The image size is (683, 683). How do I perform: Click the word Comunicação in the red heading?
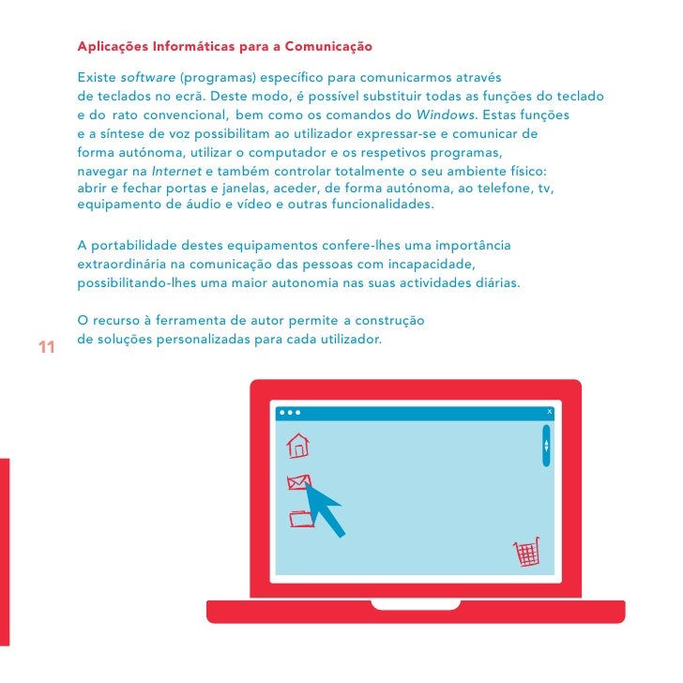pos(328,47)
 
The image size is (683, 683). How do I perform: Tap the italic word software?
pos(147,78)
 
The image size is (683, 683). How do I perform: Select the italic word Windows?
pos(445,115)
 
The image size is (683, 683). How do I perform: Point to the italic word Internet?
pos(176,171)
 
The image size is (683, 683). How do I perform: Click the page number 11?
pos(47,347)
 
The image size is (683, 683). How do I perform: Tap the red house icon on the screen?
pos(298,446)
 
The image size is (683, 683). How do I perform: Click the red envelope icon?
pos(298,482)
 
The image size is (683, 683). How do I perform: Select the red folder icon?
pos(301,518)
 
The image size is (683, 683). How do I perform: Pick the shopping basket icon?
pos(526,552)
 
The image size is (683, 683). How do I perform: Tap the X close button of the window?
pos(549,411)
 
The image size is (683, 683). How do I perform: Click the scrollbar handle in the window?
pos(546,446)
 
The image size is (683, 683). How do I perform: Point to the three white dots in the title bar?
pos(290,413)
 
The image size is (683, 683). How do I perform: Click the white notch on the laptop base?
pos(416,605)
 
